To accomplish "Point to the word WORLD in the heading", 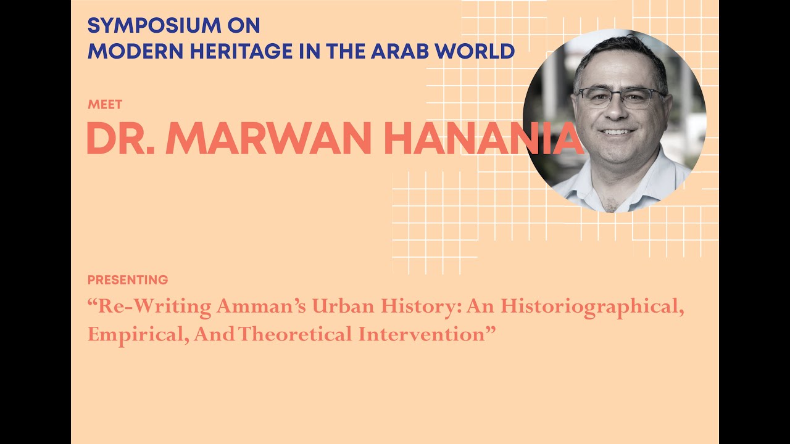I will (475, 51).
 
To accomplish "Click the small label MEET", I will (105, 104).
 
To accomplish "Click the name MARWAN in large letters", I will (268, 139).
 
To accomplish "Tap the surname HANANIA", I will (481, 139).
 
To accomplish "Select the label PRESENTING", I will (128, 280).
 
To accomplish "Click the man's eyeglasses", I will (620, 97).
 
